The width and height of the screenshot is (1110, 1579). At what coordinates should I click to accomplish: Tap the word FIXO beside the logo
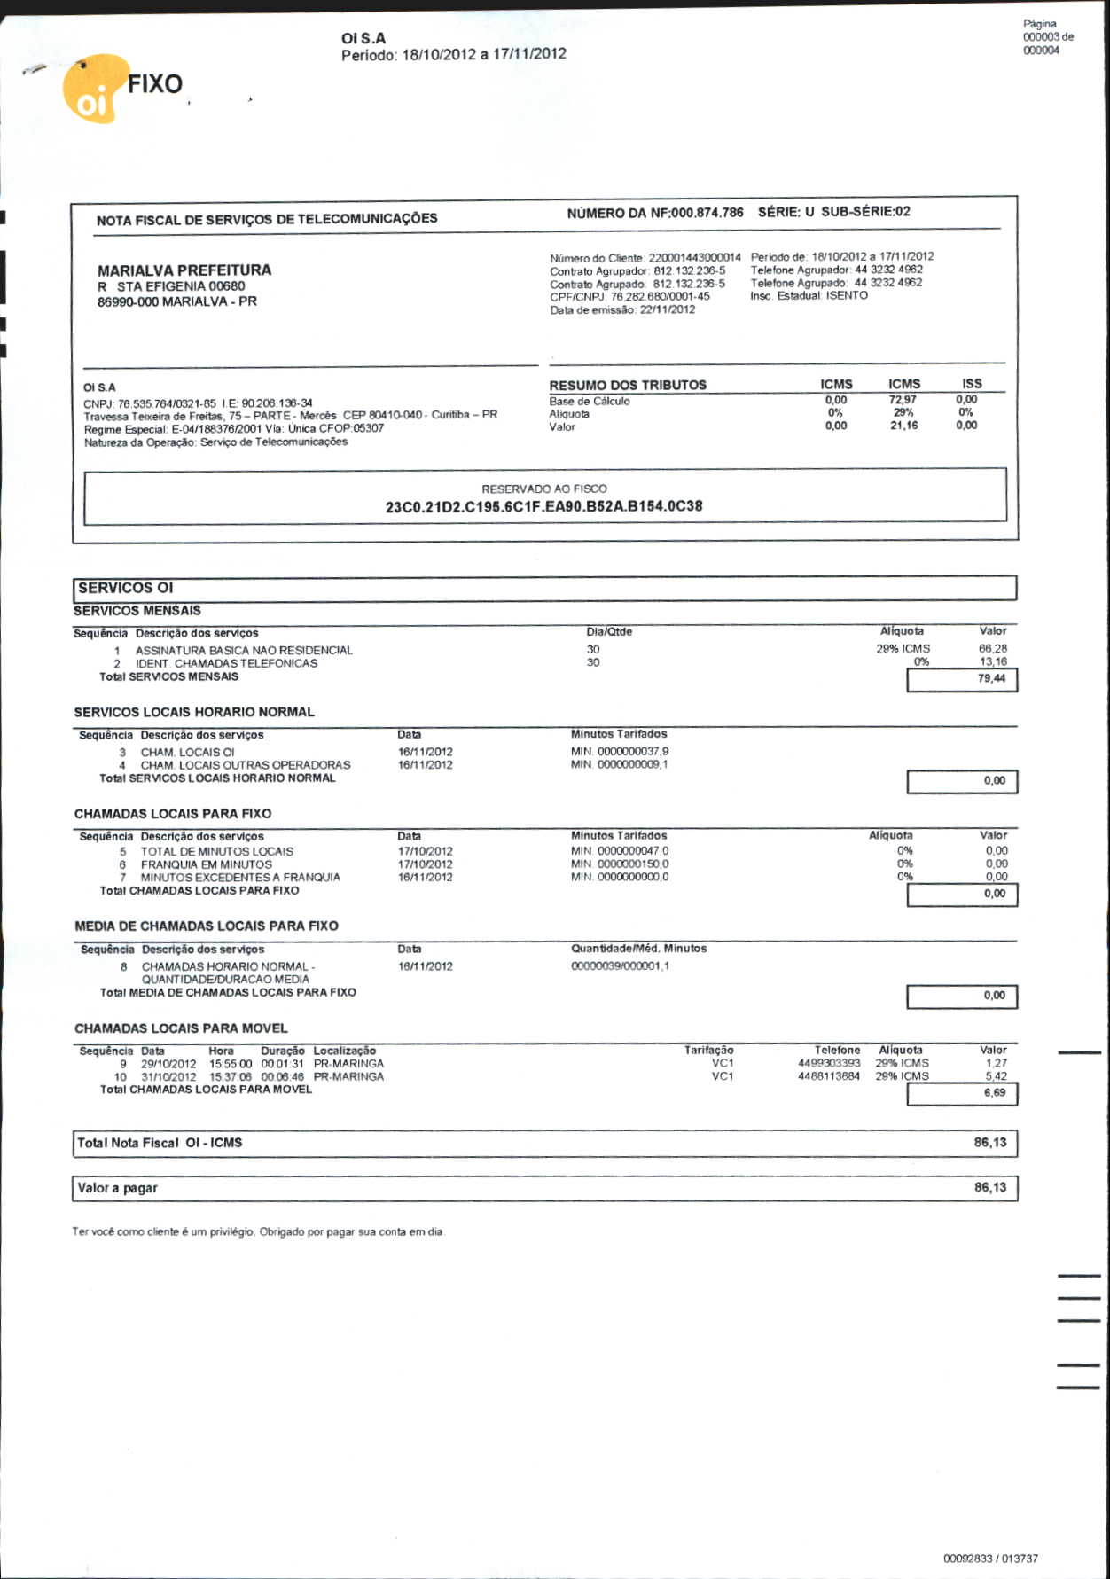click(x=154, y=84)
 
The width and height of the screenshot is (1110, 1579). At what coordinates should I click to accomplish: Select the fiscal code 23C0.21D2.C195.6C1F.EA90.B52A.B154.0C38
click(x=543, y=506)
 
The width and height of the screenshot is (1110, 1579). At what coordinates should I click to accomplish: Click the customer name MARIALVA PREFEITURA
click(x=184, y=270)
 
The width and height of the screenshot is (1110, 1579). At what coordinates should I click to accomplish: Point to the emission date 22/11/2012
click(x=667, y=309)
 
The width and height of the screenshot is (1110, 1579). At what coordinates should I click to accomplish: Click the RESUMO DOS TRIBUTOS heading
click(x=628, y=385)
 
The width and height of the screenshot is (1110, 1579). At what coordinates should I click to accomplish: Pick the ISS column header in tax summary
click(x=972, y=384)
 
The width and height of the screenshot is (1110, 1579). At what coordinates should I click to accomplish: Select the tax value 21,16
click(x=903, y=426)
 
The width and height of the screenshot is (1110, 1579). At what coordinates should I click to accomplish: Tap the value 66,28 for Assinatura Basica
click(x=992, y=649)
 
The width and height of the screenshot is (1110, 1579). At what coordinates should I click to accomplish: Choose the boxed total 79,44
click(x=990, y=678)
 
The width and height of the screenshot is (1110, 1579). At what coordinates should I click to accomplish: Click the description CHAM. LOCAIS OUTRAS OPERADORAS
click(x=246, y=765)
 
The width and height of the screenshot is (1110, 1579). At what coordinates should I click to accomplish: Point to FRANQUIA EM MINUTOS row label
click(x=206, y=864)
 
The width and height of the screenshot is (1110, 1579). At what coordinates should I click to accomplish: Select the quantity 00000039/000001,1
click(x=620, y=966)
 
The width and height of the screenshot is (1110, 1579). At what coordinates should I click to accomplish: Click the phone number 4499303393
click(x=829, y=1063)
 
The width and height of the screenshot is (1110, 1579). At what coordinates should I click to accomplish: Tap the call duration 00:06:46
click(x=282, y=1076)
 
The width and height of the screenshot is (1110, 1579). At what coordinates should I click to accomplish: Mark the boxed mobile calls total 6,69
click(x=994, y=1093)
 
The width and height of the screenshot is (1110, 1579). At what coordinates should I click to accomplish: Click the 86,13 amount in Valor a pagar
click(x=989, y=1187)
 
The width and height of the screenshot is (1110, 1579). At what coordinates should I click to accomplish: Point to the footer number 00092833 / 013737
click(x=990, y=1558)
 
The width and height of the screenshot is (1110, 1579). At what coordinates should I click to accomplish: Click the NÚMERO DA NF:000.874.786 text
click(x=655, y=213)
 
